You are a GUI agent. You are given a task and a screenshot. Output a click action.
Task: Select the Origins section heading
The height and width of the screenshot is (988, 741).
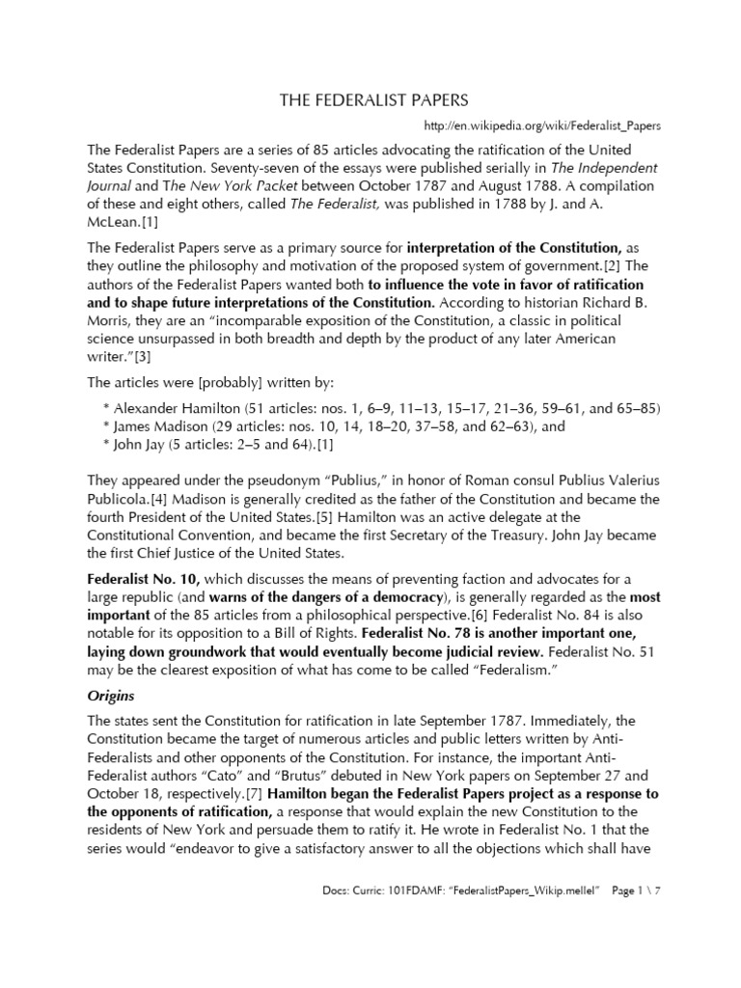pos(113,695)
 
